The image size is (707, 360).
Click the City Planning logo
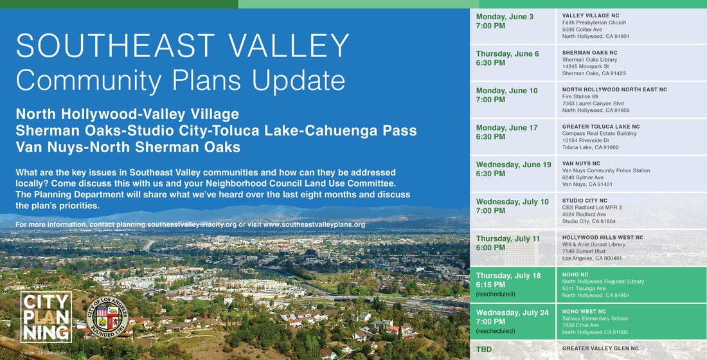point(46,317)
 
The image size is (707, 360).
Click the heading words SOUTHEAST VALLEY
point(183,46)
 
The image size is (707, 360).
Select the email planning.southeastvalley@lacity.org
point(177,224)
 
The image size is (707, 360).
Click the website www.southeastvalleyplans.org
point(314,224)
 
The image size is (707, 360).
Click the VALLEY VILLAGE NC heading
point(590,15)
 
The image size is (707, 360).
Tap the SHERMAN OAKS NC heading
point(589,53)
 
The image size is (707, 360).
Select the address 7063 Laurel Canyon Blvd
point(595,104)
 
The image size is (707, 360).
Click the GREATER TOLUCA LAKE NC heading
point(600,127)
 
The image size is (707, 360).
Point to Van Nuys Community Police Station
point(605,170)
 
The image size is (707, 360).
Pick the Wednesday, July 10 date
point(512,202)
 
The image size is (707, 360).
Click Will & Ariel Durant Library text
point(593,244)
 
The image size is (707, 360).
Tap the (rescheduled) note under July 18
point(496,294)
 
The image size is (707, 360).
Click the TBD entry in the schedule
point(483,350)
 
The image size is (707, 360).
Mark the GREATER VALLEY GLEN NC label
point(600,348)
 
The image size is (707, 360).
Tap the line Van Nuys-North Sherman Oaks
point(128,147)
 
